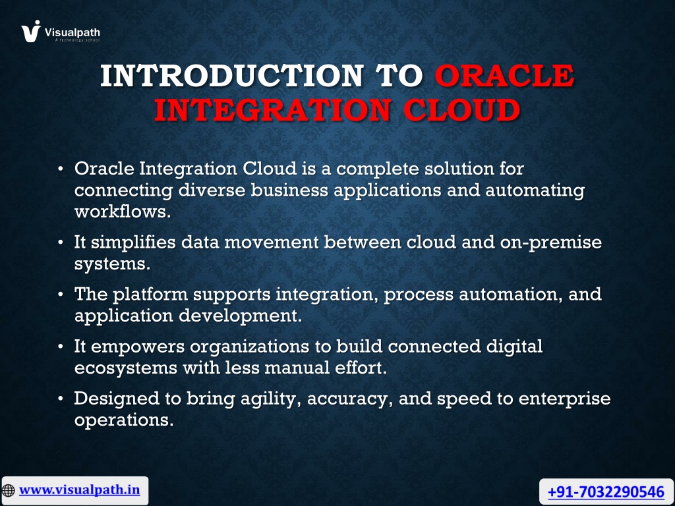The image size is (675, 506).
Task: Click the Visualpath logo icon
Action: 31,32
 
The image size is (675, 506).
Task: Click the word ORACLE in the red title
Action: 504,76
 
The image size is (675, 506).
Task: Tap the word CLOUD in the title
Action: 461,110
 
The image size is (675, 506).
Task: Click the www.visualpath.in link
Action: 80,490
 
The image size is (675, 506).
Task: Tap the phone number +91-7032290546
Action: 606,492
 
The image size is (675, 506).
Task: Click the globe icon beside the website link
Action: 8,490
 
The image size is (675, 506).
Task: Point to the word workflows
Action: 123,211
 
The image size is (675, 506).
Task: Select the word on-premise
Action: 550,242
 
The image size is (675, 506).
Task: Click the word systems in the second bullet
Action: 112,264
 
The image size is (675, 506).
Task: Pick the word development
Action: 240,316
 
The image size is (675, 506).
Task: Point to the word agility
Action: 273,399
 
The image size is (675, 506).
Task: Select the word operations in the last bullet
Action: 123,420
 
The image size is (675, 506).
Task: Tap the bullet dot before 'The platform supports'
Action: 61,295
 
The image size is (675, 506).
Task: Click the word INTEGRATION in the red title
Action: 273,110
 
